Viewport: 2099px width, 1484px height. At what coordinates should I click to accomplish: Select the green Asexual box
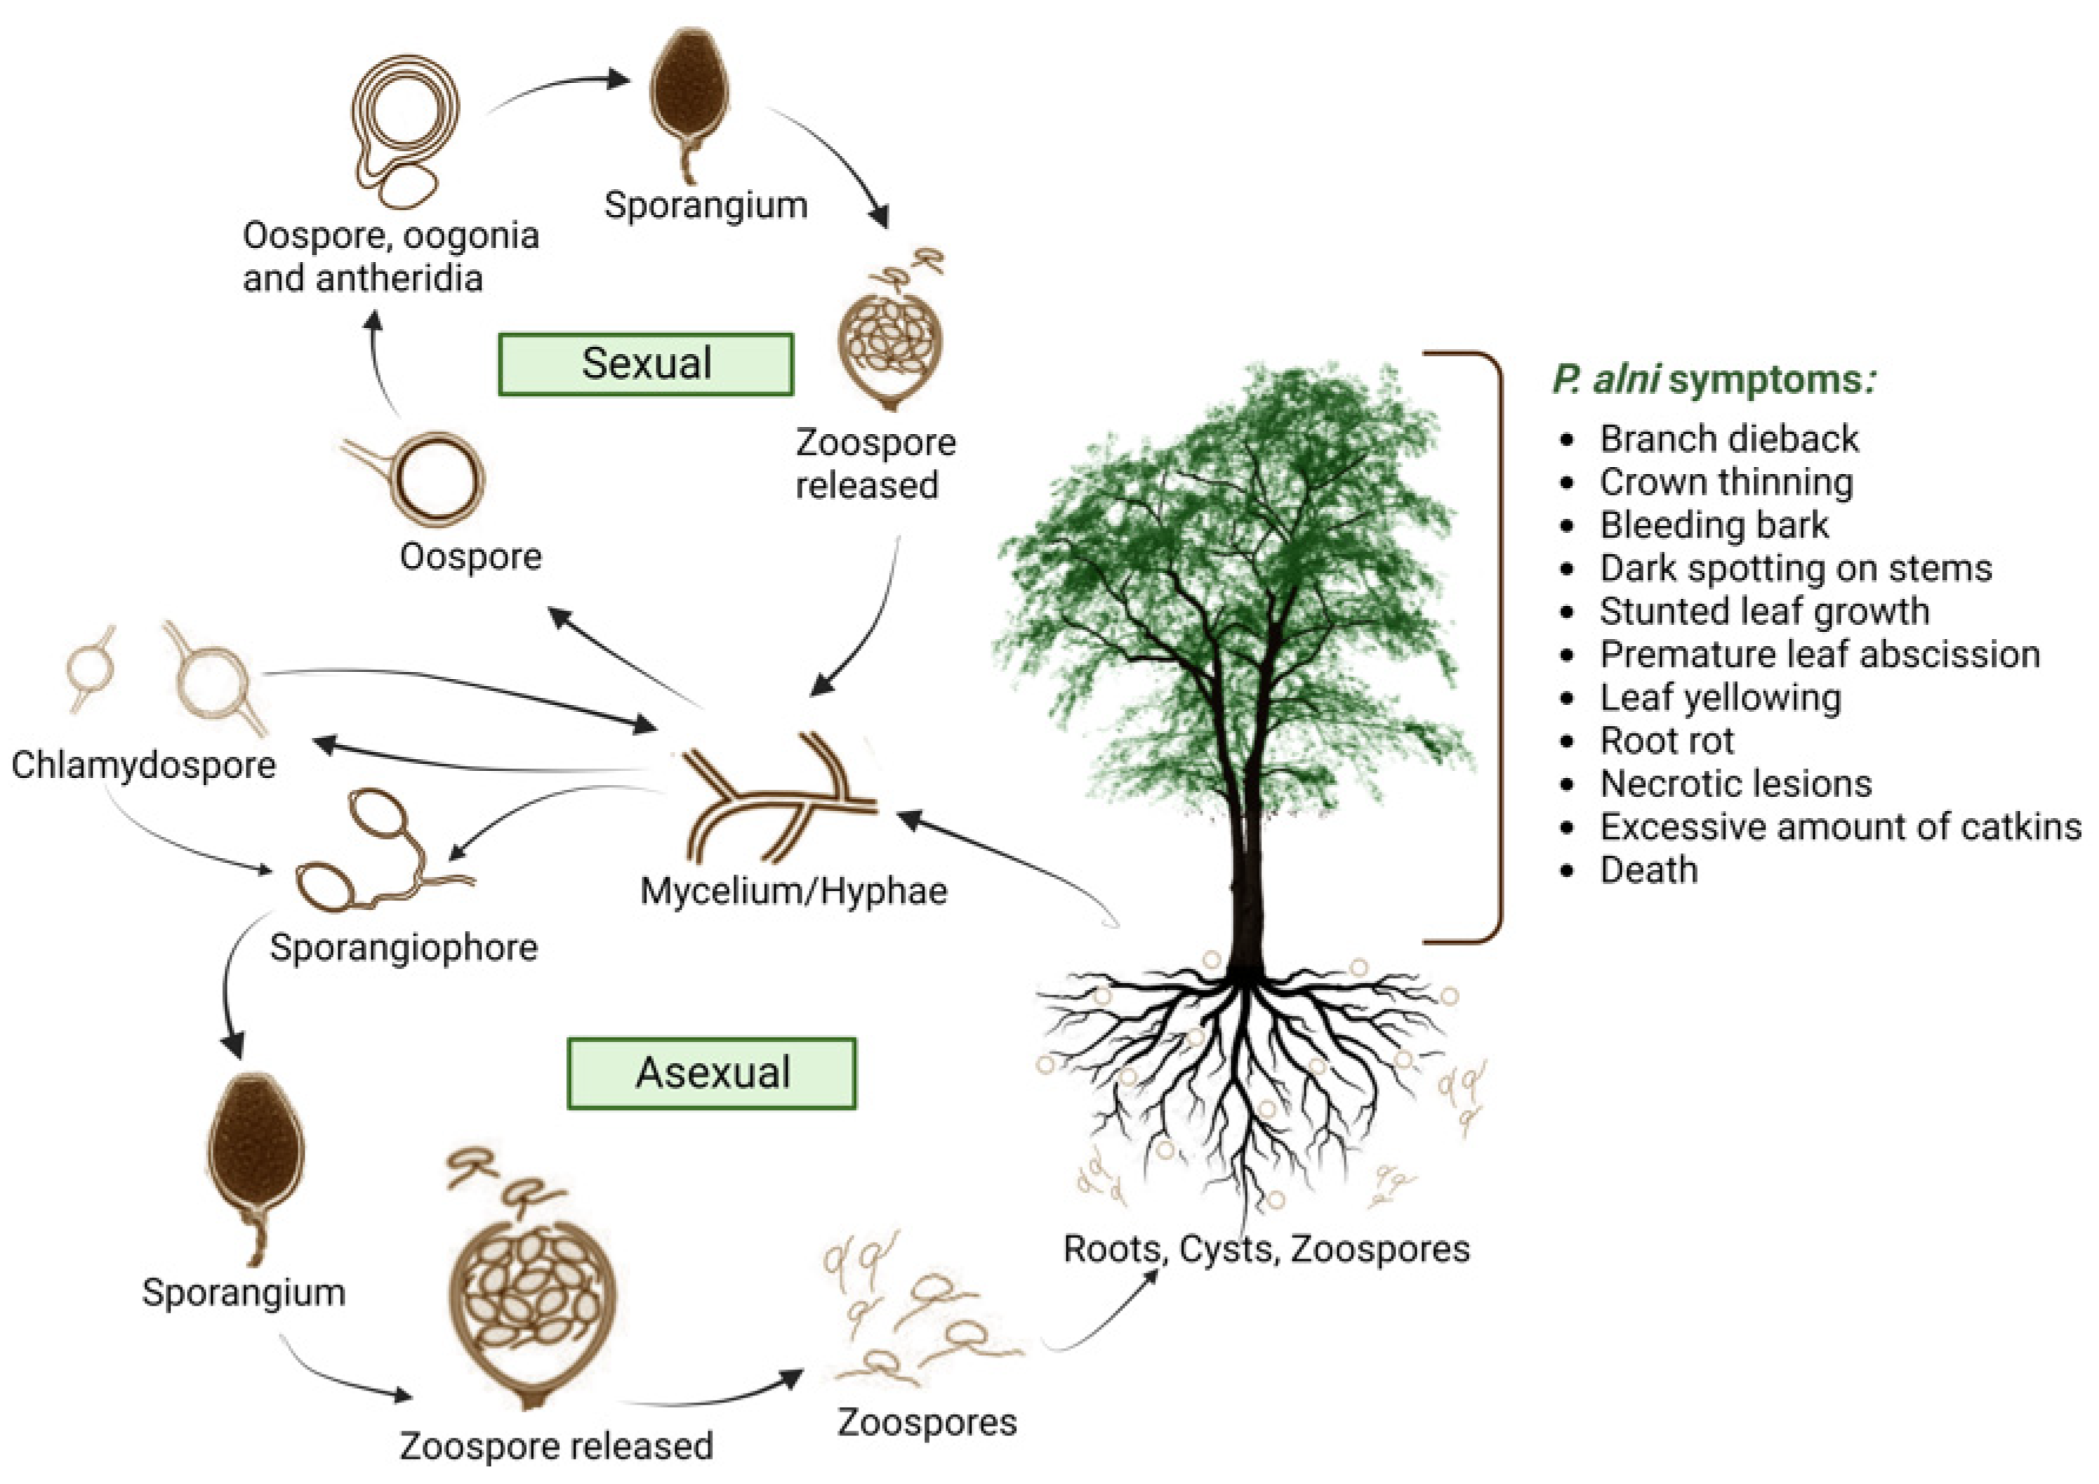(x=711, y=1072)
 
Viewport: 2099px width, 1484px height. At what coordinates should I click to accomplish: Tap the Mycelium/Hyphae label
(x=793, y=891)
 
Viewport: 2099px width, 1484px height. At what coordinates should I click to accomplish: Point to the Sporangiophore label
(x=403, y=947)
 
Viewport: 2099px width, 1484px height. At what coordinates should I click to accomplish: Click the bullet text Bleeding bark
(x=1713, y=525)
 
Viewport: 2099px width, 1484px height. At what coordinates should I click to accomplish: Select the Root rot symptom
(x=1666, y=741)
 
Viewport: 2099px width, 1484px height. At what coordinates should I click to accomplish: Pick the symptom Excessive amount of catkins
(x=1839, y=827)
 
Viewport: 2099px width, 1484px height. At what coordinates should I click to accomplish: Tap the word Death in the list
(x=1648, y=869)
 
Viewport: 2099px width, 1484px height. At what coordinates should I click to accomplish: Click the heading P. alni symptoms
(x=1714, y=379)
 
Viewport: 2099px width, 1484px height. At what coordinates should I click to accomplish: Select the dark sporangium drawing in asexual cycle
(x=255, y=1152)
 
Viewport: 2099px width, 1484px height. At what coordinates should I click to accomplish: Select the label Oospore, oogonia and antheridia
(x=390, y=257)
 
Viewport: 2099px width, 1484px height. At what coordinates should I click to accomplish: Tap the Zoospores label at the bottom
(x=926, y=1421)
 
